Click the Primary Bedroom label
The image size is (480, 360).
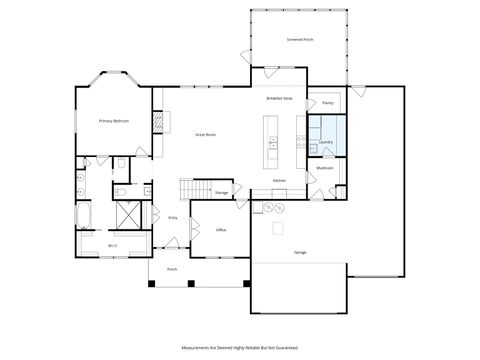(113, 121)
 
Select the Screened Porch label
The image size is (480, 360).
(299, 41)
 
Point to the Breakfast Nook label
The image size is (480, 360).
(279, 98)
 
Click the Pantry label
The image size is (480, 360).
(327, 103)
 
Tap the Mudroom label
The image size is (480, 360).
(325, 168)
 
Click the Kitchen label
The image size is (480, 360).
(279, 181)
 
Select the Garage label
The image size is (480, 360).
(300, 252)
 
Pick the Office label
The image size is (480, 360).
(221, 230)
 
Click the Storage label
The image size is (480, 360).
(221, 192)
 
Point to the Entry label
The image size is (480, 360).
(173, 216)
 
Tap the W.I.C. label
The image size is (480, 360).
(113, 245)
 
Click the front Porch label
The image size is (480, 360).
(172, 269)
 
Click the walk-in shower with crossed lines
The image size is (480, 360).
(128, 215)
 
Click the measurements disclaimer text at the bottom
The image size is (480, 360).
(239, 347)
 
